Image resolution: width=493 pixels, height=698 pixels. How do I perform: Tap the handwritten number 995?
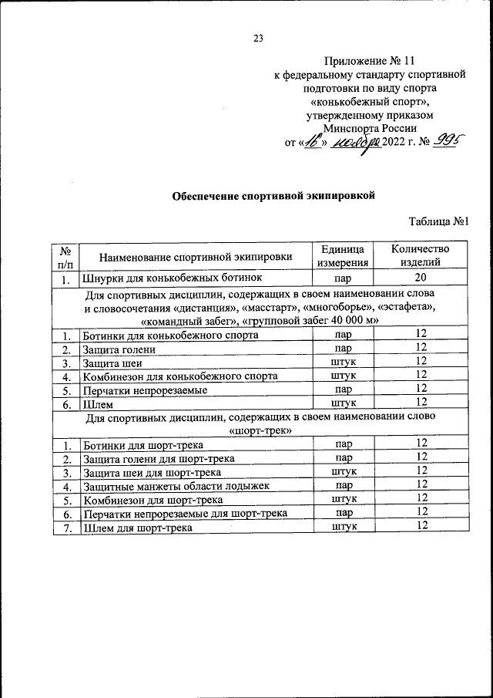[438, 141]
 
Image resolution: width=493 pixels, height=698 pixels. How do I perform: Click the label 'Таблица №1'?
[439, 222]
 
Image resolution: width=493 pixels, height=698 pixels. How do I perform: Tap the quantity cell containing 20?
[420, 278]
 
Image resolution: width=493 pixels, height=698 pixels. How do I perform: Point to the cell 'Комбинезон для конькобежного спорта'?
[179, 376]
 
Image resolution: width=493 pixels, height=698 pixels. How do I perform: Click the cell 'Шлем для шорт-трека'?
[136, 527]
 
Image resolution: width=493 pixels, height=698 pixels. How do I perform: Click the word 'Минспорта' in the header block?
[353, 129]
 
